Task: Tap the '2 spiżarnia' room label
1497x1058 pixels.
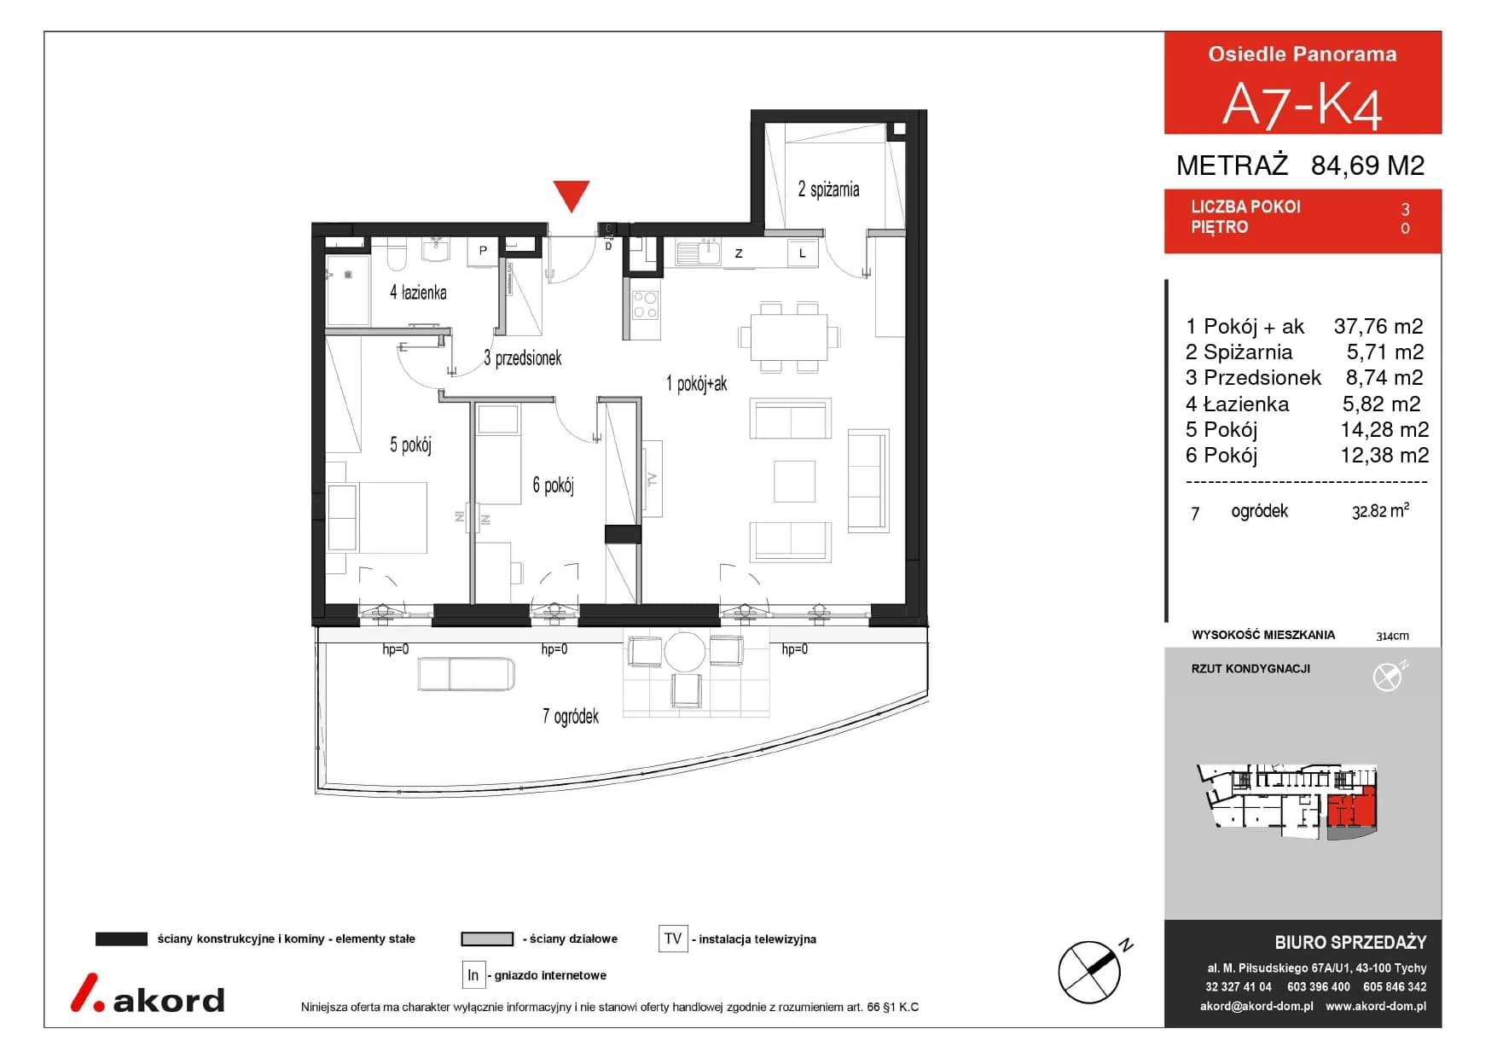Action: [828, 189]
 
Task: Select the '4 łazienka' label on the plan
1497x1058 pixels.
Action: [418, 293]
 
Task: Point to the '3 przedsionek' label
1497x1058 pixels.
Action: [522, 358]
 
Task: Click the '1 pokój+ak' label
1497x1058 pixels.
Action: [696, 384]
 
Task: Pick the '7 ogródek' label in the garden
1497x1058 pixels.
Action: [571, 716]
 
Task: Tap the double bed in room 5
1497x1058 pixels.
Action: [376, 518]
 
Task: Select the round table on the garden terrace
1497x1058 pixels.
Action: [685, 653]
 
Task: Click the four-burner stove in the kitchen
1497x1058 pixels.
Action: [646, 305]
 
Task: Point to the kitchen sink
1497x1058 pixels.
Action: [699, 253]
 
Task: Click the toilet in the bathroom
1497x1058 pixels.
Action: [397, 253]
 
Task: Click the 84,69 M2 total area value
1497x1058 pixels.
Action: [1367, 165]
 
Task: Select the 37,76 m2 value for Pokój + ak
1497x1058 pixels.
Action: [1378, 326]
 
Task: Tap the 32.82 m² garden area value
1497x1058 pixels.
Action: [1380, 511]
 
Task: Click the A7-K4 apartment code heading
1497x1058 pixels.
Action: [1302, 105]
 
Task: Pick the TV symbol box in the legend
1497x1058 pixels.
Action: [673, 939]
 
